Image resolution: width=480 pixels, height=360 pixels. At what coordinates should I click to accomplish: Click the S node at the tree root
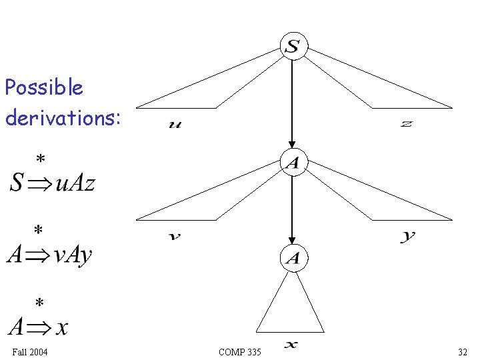(x=293, y=47)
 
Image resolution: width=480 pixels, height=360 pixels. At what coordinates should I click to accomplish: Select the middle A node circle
(x=293, y=162)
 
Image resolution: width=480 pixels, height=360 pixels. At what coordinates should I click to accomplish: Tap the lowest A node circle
(x=293, y=258)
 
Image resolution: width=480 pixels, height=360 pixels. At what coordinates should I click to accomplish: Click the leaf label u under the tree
(x=175, y=125)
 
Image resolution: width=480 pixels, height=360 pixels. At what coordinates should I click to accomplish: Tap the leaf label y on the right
(x=408, y=236)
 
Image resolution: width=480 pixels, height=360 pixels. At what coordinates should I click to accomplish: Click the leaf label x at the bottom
(x=291, y=344)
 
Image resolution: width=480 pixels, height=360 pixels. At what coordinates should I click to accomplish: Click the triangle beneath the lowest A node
(x=291, y=307)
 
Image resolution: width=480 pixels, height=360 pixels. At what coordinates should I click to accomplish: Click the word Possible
(x=44, y=87)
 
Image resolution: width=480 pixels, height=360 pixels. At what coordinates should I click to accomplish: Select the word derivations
(x=63, y=117)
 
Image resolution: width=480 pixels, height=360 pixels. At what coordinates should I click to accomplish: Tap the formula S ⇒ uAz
(x=53, y=182)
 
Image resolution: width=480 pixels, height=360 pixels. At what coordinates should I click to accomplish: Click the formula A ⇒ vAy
(x=49, y=254)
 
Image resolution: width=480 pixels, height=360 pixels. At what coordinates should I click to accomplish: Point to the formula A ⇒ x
(x=38, y=327)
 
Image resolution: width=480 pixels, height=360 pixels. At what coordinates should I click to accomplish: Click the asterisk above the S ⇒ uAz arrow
(x=41, y=160)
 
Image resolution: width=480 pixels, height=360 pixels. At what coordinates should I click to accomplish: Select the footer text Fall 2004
(x=29, y=351)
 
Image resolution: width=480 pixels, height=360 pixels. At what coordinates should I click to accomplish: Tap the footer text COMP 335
(x=240, y=351)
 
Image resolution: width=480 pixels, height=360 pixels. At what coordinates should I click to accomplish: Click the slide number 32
(x=462, y=351)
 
